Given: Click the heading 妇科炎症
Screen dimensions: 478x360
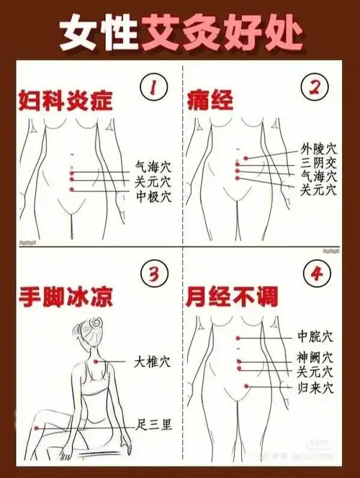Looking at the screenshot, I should click(66, 101).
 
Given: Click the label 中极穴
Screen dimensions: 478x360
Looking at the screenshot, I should click(154, 196).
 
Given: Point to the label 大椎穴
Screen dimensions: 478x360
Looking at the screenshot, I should click(153, 360).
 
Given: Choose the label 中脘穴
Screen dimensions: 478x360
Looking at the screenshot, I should click(315, 337).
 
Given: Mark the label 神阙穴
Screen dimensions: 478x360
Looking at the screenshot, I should click(315, 357).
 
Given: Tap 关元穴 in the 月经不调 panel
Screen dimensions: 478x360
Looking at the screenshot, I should click(315, 372).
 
